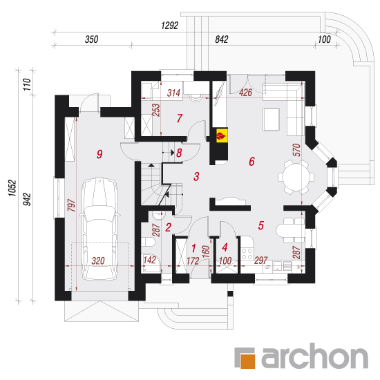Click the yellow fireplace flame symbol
click(x=222, y=135)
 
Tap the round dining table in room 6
click(x=296, y=177)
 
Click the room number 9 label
click(x=99, y=154)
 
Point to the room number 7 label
click(x=180, y=118)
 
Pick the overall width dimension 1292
click(x=170, y=26)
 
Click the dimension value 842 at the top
click(x=222, y=39)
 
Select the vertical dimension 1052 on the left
click(x=12, y=188)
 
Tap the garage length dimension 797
click(x=71, y=205)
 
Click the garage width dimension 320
click(x=98, y=260)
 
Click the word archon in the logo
click(x=314, y=356)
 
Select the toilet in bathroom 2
click(x=148, y=242)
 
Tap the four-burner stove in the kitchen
click(x=247, y=254)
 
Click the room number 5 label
click(x=260, y=225)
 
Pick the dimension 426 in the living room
click(x=245, y=93)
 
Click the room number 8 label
click(x=179, y=153)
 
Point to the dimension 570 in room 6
click(x=296, y=150)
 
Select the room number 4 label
click(x=225, y=247)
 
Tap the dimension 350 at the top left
click(x=92, y=39)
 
